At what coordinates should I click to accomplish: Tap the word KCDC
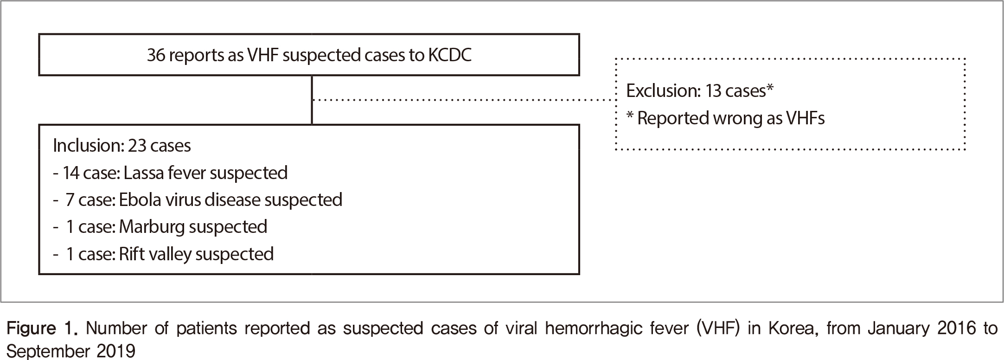(x=449, y=55)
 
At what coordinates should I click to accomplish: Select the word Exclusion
(x=662, y=91)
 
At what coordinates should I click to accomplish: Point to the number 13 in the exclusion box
(x=713, y=91)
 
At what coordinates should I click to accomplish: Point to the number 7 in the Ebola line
(x=70, y=200)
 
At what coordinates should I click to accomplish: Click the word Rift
(x=132, y=254)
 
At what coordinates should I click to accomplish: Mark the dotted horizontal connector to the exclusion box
(x=464, y=100)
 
